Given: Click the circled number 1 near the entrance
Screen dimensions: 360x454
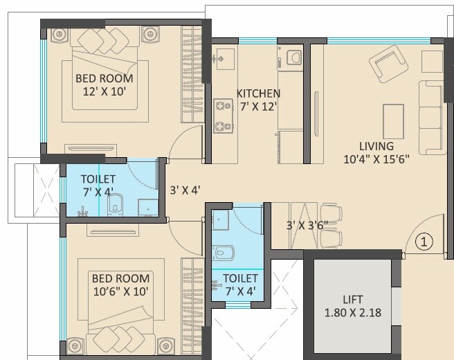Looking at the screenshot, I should coord(424,242).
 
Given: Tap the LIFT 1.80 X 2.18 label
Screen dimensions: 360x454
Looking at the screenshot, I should coord(353,306).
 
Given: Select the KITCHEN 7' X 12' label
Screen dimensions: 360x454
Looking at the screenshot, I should coord(258,100).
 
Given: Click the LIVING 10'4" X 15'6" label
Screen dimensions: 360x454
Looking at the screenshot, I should coord(376,152).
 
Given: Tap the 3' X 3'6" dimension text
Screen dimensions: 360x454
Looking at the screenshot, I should coord(308,225).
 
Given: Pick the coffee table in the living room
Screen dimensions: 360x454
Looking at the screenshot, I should coord(392,119).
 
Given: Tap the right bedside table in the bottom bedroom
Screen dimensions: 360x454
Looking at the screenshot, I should coord(165,343).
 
